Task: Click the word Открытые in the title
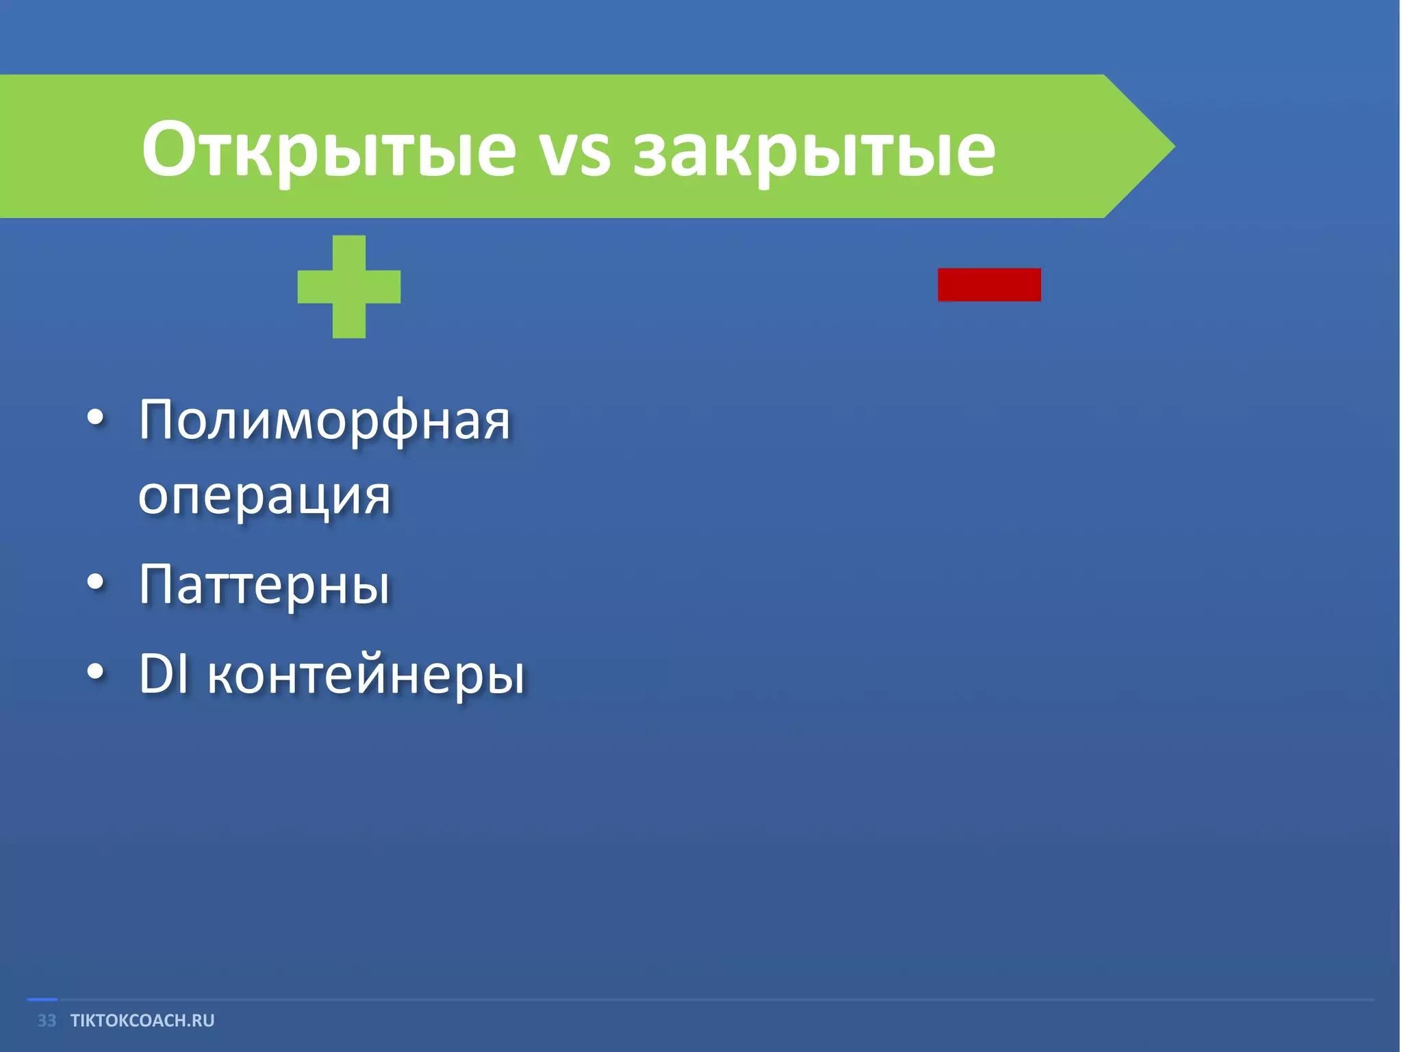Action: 329,149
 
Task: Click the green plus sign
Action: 349,286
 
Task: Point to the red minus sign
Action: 989,284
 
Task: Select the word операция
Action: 264,497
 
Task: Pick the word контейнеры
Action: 366,675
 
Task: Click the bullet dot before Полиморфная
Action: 96,418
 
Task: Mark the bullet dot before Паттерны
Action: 96,582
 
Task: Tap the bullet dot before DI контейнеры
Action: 96,673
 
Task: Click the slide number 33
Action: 47,1020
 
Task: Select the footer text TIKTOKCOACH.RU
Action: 142,1020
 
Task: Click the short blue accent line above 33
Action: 42,1000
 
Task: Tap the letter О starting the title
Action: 165,149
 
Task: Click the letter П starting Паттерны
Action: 155,584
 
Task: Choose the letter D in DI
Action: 155,674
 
